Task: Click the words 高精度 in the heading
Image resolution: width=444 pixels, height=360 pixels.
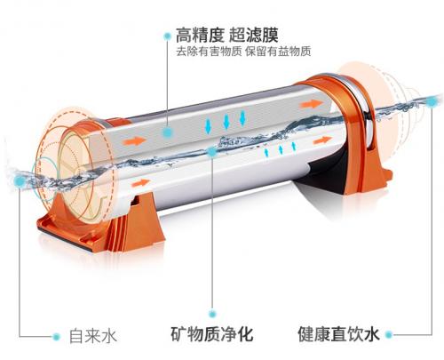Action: (x=200, y=35)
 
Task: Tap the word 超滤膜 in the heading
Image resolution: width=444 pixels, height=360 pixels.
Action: (x=254, y=35)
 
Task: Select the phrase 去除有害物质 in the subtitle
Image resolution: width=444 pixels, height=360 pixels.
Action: (x=209, y=52)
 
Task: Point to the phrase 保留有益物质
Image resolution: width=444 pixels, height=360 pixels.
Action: (x=278, y=52)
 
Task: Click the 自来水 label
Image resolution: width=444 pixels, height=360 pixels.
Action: (x=93, y=336)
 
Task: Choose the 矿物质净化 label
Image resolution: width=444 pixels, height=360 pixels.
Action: (x=212, y=334)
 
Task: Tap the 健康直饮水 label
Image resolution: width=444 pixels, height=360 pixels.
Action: (x=338, y=334)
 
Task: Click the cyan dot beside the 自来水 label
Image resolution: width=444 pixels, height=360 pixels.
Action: (x=56, y=336)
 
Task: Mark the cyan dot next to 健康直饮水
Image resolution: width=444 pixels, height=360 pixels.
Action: (x=389, y=335)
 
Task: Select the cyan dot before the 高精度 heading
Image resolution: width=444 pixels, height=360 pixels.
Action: (x=168, y=36)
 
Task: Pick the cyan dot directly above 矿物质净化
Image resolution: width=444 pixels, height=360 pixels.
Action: (x=212, y=314)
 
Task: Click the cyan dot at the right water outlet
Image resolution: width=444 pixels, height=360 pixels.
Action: (x=432, y=102)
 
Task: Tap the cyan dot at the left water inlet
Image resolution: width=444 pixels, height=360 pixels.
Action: (x=20, y=180)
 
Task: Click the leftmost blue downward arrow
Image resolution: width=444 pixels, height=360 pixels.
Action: (x=208, y=126)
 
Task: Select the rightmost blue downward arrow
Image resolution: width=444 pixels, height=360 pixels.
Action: (x=242, y=117)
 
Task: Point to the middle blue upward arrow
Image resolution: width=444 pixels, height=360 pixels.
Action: (x=281, y=149)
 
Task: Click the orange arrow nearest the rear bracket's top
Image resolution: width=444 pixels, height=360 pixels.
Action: (x=311, y=104)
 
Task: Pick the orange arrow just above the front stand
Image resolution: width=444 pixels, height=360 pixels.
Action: (x=141, y=183)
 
